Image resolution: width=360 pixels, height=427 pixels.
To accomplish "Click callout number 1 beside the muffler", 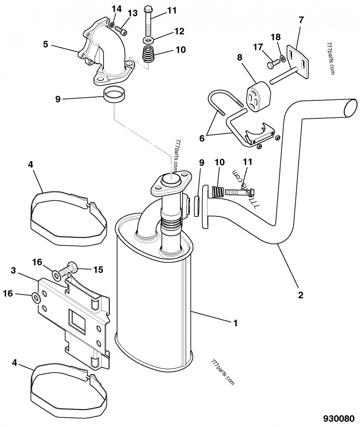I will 235,323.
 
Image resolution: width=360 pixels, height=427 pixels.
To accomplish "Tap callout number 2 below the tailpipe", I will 300,296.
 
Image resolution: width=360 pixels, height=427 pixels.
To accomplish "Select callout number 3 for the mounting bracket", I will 13,270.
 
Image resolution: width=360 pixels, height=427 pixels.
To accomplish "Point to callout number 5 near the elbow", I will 45,44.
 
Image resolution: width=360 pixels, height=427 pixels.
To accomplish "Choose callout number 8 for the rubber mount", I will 239,58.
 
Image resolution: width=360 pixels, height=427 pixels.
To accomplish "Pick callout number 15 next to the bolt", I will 98,270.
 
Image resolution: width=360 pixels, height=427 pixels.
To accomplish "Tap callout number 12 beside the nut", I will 179,31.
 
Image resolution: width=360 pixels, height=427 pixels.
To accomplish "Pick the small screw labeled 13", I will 122,31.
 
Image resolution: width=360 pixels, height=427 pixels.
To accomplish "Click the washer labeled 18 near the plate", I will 282,58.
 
